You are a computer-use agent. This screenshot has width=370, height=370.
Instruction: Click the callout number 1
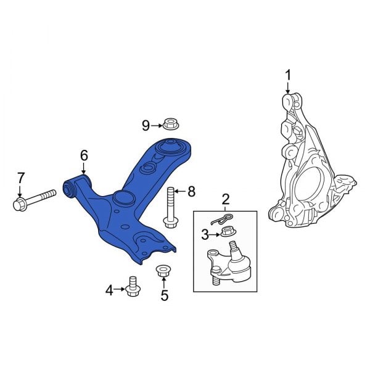point(287,75)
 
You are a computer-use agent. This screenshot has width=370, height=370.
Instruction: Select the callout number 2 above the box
point(226,199)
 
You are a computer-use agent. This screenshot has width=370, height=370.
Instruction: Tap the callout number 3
point(205,234)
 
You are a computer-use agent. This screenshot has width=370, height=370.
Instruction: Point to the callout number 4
point(110,289)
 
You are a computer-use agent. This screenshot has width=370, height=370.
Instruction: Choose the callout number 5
point(164,295)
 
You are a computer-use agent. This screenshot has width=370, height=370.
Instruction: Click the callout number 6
point(84,156)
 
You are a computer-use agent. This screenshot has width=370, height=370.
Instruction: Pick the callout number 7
point(20,178)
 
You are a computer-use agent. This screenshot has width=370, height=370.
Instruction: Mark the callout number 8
point(191,192)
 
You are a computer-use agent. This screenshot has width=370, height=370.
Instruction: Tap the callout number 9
point(146,126)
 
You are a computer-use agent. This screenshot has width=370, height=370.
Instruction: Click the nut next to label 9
point(171,124)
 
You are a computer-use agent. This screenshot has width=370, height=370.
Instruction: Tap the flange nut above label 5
point(164,271)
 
